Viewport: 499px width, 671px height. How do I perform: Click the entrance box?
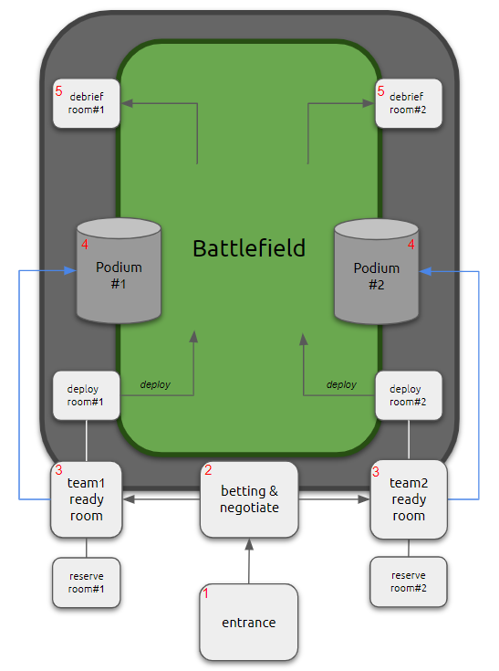(x=249, y=623)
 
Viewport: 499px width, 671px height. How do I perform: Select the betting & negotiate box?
(x=249, y=499)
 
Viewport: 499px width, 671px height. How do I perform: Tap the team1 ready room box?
(x=87, y=499)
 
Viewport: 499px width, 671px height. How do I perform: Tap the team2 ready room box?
(x=409, y=499)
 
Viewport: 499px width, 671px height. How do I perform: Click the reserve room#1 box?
(x=87, y=582)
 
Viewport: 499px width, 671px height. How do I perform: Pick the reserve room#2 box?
(x=409, y=582)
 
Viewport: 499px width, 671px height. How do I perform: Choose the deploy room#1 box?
(x=87, y=395)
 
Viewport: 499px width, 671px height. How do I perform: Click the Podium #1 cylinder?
(x=119, y=274)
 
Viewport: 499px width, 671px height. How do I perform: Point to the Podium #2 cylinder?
(x=377, y=274)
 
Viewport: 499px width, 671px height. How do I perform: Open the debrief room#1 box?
(x=87, y=103)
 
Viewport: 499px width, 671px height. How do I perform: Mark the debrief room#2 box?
(x=409, y=103)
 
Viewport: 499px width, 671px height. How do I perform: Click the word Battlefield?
(x=249, y=248)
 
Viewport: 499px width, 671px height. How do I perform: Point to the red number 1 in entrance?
(x=206, y=593)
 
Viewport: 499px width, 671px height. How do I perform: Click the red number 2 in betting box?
(x=208, y=470)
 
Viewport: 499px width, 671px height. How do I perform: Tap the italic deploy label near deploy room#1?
(x=155, y=384)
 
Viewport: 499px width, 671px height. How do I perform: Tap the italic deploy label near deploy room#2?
(x=341, y=384)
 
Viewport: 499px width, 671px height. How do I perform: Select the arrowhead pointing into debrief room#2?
(x=370, y=104)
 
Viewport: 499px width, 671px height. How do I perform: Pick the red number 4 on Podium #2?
(x=411, y=245)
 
